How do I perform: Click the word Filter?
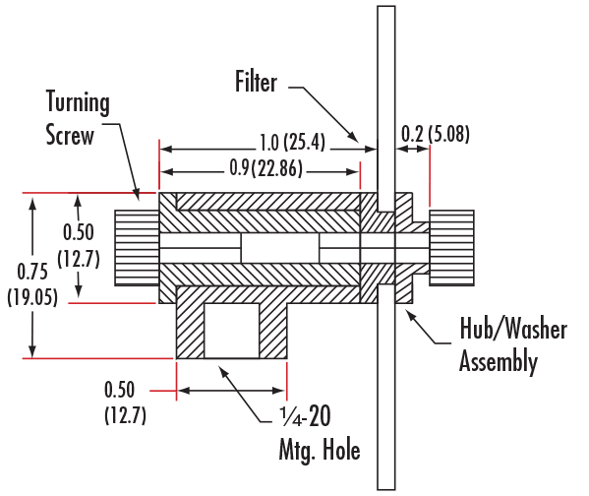(256, 82)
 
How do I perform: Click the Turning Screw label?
(78, 118)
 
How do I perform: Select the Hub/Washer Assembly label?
(513, 344)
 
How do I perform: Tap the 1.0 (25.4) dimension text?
(292, 142)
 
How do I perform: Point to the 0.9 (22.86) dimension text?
(265, 167)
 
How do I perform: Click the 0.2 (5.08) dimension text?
(436, 134)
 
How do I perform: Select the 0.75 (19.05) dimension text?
(32, 283)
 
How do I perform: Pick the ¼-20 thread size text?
(305, 416)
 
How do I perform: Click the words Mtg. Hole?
(320, 450)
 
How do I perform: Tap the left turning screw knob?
(137, 248)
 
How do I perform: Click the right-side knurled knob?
(451, 248)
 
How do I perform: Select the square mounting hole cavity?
(232, 331)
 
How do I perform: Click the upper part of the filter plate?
(386, 108)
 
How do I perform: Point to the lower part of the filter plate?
(386, 387)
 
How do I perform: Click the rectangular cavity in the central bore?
(280, 248)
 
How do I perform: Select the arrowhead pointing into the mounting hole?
(224, 372)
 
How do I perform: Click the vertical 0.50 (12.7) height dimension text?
(79, 246)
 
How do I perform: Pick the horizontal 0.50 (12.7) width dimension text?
(125, 403)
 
